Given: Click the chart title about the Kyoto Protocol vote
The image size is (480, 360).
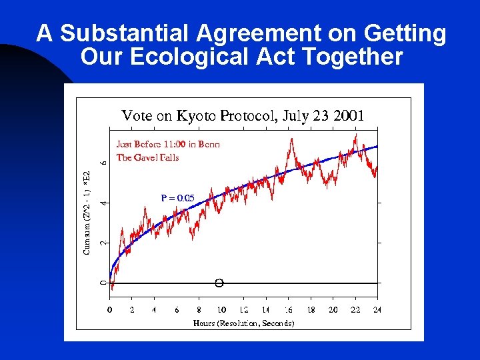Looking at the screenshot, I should point(243,115).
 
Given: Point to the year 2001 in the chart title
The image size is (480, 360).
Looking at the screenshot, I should point(349,115).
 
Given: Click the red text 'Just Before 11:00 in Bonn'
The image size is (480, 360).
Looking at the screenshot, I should point(168,143).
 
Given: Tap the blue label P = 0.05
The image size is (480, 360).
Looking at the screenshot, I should point(177,198).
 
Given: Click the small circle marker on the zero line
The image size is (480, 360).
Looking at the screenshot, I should point(219,283).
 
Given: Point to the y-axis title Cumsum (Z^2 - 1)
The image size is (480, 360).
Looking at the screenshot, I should point(87,211).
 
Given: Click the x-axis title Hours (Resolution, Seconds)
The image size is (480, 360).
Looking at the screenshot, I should point(243,323).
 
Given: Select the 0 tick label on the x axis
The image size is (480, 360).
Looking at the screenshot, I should point(110,310).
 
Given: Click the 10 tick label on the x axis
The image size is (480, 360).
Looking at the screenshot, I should point(221,310).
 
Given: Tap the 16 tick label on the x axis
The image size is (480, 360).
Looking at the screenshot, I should point(289,310).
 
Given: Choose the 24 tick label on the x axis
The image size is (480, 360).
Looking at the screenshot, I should point(378,310).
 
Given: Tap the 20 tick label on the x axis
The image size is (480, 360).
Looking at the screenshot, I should point(333,310).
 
